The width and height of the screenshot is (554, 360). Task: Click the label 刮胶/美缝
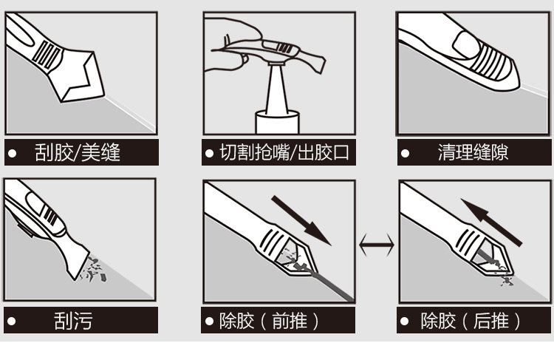tap(78, 152)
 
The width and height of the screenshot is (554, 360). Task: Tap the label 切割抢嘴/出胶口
tap(284, 152)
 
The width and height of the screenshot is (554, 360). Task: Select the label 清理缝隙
tap(473, 152)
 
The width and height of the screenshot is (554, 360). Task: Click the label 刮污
tap(73, 320)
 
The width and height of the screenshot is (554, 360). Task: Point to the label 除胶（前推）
tap(269, 321)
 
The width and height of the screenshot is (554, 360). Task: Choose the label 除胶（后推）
tap(471, 321)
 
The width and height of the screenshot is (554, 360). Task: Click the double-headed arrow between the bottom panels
tap(377, 245)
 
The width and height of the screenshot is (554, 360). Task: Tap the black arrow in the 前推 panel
tap(301, 221)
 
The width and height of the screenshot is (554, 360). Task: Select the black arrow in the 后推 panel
tap(491, 222)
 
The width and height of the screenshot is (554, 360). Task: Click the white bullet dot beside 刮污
tap(12, 321)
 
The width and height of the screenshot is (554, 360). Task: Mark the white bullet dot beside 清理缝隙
tap(405, 154)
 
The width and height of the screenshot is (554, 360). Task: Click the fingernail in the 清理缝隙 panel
tap(466, 45)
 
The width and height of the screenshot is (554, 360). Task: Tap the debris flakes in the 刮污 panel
tap(94, 270)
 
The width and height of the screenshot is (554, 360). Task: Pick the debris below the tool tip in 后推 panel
tap(507, 281)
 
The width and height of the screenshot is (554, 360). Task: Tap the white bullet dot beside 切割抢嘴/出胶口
tap(209, 154)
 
